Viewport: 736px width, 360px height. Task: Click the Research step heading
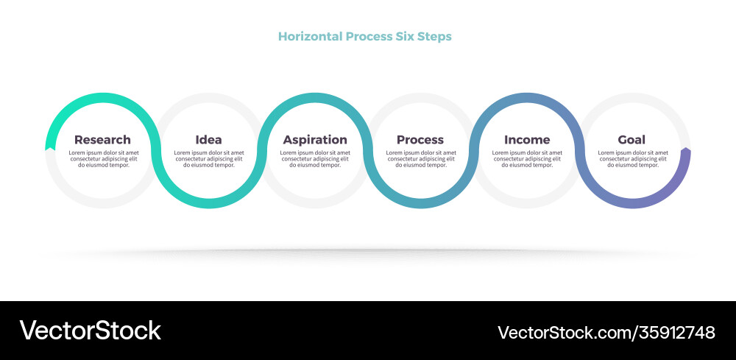tap(102, 139)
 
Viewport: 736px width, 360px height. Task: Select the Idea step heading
tap(208, 139)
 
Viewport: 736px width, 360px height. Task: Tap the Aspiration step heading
tap(315, 140)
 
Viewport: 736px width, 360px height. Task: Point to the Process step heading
tap(420, 139)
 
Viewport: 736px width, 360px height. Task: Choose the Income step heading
tap(527, 139)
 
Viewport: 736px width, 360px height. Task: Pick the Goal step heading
tap(631, 139)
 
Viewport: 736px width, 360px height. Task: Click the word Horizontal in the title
tap(311, 36)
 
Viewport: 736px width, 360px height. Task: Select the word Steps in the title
tap(436, 37)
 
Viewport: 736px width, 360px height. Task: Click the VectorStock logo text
tap(90, 331)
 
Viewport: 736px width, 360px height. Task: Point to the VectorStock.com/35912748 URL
tap(606, 332)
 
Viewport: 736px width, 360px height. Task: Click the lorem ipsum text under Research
tap(104, 158)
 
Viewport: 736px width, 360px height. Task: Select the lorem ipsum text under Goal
tap(633, 158)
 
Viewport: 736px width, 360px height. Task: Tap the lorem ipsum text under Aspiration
tap(315, 158)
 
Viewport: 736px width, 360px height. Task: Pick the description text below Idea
tap(209, 158)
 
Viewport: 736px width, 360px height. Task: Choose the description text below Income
tap(527, 158)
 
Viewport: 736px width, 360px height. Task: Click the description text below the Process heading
tap(421, 158)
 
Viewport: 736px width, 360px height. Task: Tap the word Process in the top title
tap(370, 36)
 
